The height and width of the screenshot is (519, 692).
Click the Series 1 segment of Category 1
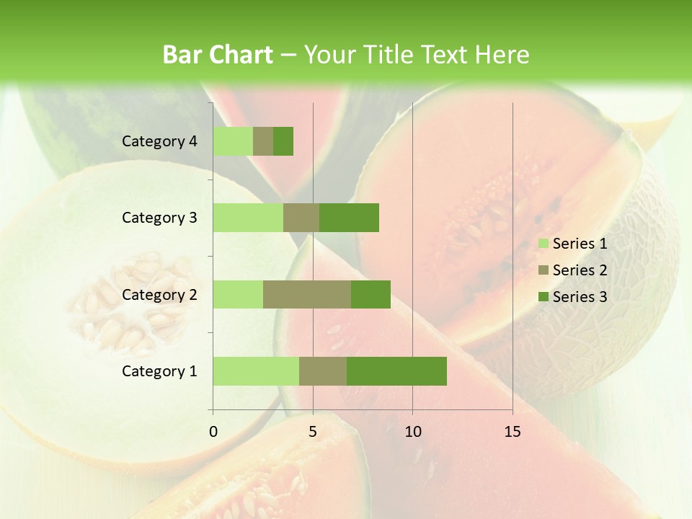[x=256, y=371]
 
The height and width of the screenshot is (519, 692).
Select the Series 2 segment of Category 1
[x=323, y=371]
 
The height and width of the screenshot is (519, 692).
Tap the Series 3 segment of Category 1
[x=396, y=371]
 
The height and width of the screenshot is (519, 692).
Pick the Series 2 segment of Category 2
[x=307, y=294]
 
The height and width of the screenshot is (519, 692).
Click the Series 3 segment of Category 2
[x=371, y=294]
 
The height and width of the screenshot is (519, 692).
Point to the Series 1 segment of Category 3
[x=248, y=218]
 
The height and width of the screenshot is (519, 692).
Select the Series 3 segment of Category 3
[x=349, y=218]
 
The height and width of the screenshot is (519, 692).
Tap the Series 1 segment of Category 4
[x=233, y=141]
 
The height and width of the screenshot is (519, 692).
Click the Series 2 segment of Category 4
[x=263, y=141]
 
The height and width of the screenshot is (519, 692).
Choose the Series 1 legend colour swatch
[x=544, y=244]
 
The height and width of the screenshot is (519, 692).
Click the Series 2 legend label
[x=580, y=270]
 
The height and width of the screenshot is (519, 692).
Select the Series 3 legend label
[x=580, y=297]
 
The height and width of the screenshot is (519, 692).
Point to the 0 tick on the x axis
[x=213, y=432]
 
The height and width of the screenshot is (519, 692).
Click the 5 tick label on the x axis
[x=313, y=432]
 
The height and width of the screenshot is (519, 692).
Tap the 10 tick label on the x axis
[x=412, y=432]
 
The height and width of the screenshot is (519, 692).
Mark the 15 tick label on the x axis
[x=513, y=432]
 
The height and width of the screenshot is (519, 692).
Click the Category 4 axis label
[x=159, y=141]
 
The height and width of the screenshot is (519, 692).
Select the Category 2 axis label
[x=159, y=294]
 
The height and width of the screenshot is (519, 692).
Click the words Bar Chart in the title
[x=218, y=55]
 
